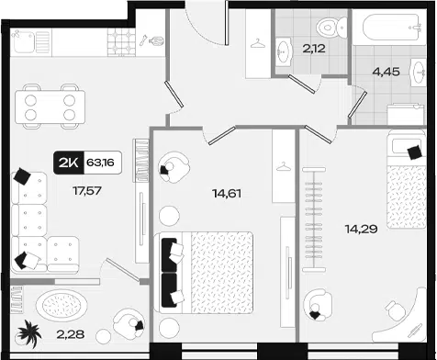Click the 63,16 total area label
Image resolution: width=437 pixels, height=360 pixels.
pyautogui.click(x=100, y=163)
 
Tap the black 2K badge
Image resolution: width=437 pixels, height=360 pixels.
pyautogui.click(x=69, y=163)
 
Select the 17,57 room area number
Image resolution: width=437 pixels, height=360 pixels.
pyautogui.click(x=87, y=191)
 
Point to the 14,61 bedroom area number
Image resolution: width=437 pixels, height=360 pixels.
pyautogui.click(x=227, y=194)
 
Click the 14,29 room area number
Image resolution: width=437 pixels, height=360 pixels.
pyautogui.click(x=361, y=229)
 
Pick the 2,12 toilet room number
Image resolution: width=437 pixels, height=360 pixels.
pyautogui.click(x=314, y=49)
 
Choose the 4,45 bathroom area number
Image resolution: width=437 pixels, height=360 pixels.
pyautogui.click(x=387, y=72)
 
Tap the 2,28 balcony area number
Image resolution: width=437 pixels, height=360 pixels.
pyautogui.click(x=71, y=334)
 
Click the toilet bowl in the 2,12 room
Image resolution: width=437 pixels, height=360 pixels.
pyautogui.click(x=331, y=28)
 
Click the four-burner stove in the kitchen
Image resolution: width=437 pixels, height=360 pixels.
pyautogui.click(x=121, y=42)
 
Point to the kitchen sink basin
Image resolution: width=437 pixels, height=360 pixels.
pyautogui.click(x=23, y=41)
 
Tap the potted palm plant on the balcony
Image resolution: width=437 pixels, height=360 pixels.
pyautogui.click(x=29, y=333)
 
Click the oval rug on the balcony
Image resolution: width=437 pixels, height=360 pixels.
pyautogui.click(x=62, y=305)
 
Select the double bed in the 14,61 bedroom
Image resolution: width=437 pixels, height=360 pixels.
pyautogui.click(x=203, y=273)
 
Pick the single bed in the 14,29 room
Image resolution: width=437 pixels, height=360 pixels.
pyautogui.click(x=407, y=179)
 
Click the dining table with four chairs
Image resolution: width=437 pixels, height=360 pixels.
pyautogui.click(x=50, y=107)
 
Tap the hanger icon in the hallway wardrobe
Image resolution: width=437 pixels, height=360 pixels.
pyautogui.click(x=258, y=43)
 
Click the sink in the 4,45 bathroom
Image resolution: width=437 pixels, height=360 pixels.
pyautogui.click(x=419, y=73)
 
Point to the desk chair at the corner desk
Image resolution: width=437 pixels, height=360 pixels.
pyautogui.click(x=396, y=310)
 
